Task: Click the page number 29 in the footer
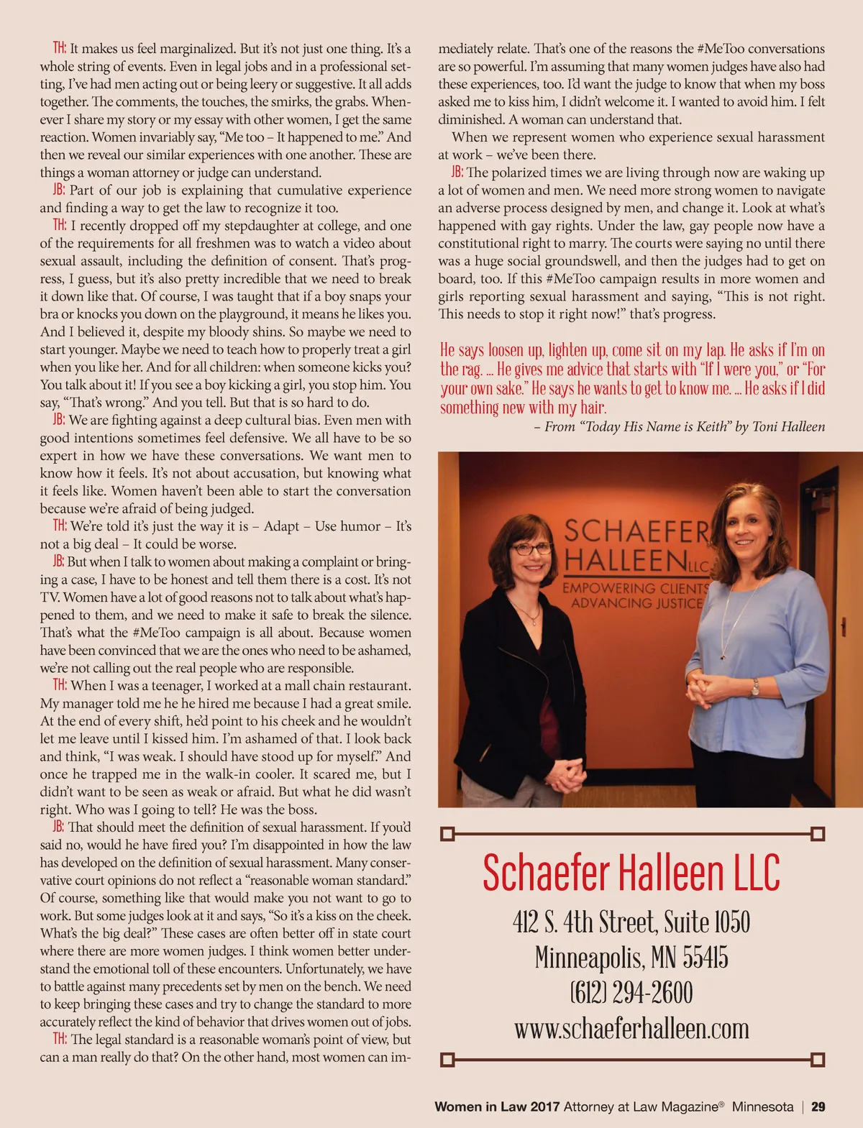[818, 1107]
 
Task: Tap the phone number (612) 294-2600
[631, 994]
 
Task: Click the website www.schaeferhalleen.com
[631, 1029]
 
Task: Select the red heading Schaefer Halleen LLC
[631, 873]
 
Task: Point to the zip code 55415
[705, 958]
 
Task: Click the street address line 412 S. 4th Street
[584, 922]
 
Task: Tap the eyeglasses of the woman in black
[531, 549]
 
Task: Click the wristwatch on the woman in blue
[755, 687]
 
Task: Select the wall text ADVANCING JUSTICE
[636, 603]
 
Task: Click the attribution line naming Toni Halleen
[680, 426]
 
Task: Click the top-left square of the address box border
[447, 834]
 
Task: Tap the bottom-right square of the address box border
[817, 1060]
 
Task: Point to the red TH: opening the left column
[60, 49]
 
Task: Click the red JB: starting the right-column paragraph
[457, 173]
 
